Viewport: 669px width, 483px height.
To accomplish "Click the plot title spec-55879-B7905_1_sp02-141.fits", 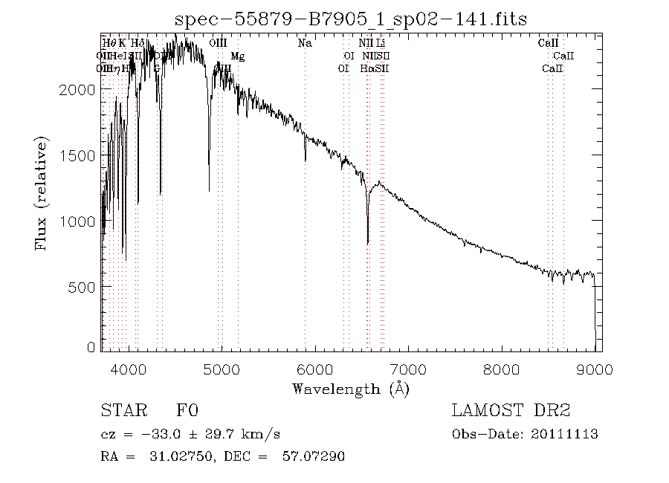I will (350, 19).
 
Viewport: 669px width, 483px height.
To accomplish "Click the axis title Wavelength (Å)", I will (350, 388).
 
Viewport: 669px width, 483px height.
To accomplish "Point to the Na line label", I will (305, 43).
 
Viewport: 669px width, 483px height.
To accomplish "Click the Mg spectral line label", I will (237, 56).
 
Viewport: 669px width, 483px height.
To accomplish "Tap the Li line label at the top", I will (381, 43).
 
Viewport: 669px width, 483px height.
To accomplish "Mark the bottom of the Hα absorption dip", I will (368, 242).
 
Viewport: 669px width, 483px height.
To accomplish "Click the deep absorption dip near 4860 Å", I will (209, 190).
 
